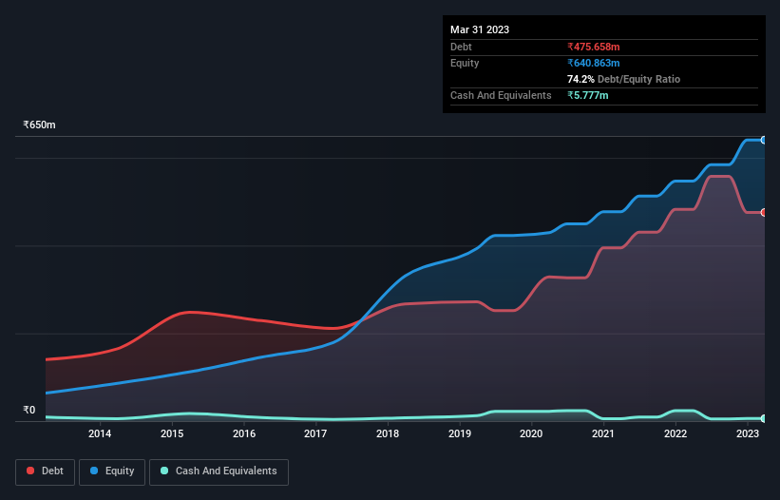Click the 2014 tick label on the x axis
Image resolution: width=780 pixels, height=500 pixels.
[100, 434]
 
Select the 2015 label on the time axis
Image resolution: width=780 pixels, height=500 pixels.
[172, 434]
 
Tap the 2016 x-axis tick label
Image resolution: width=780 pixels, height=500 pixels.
[244, 434]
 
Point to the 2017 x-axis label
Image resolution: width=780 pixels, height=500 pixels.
[315, 434]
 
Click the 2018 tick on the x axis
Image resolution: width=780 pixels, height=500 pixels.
[388, 434]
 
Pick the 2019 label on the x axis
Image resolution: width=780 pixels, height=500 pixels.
[460, 434]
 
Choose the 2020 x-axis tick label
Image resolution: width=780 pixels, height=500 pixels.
[531, 434]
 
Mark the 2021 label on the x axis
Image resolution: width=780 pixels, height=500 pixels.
[603, 434]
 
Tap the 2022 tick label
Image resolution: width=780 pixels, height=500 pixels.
[675, 434]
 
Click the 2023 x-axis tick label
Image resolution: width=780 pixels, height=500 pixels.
[747, 434]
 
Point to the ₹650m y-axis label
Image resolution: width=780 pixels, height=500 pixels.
[40, 125]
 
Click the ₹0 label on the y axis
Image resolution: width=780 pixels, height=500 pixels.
[29, 411]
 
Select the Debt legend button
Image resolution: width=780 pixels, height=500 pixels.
[44, 471]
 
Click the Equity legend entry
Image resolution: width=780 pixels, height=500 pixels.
[112, 471]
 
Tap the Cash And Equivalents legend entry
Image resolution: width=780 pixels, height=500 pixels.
[219, 471]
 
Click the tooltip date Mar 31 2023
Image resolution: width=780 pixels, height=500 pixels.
[480, 29]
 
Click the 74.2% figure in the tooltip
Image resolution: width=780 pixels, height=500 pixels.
[581, 79]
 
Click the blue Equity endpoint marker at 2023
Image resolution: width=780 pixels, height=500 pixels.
[764, 140]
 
